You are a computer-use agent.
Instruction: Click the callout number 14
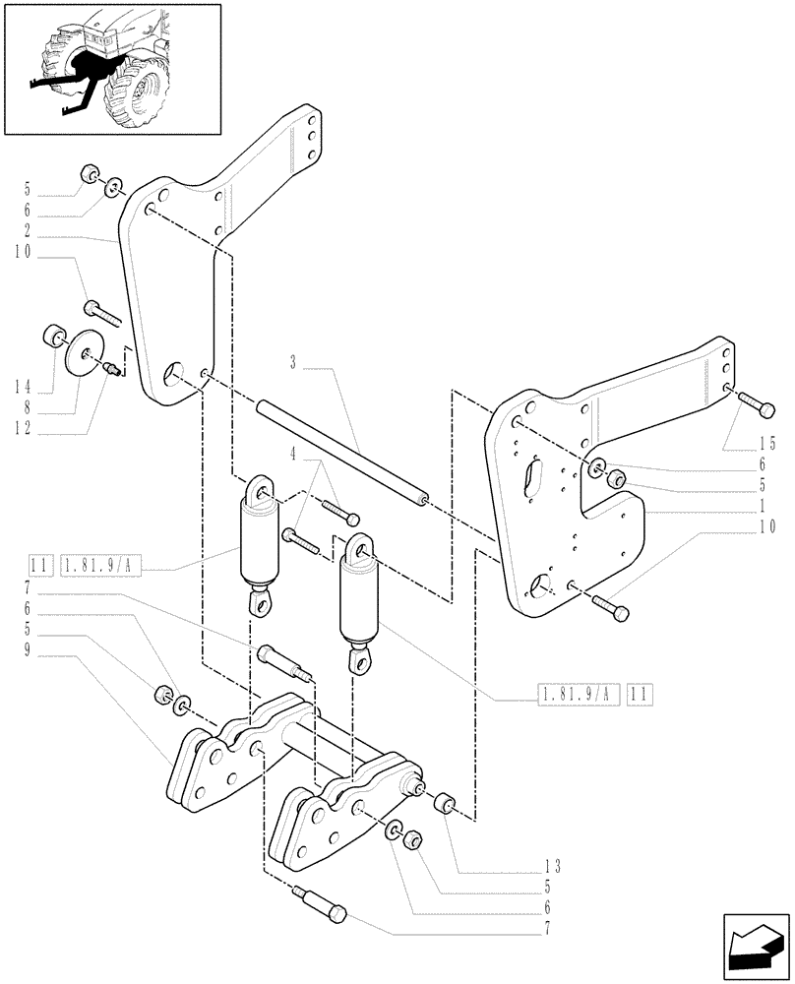[22, 385]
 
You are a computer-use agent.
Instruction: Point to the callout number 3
[293, 363]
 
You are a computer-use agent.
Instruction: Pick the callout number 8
[22, 407]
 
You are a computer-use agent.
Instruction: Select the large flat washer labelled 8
[84, 350]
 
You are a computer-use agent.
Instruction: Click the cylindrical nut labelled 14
[53, 337]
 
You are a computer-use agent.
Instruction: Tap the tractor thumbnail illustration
[111, 68]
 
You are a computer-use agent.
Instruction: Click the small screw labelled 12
[113, 368]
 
